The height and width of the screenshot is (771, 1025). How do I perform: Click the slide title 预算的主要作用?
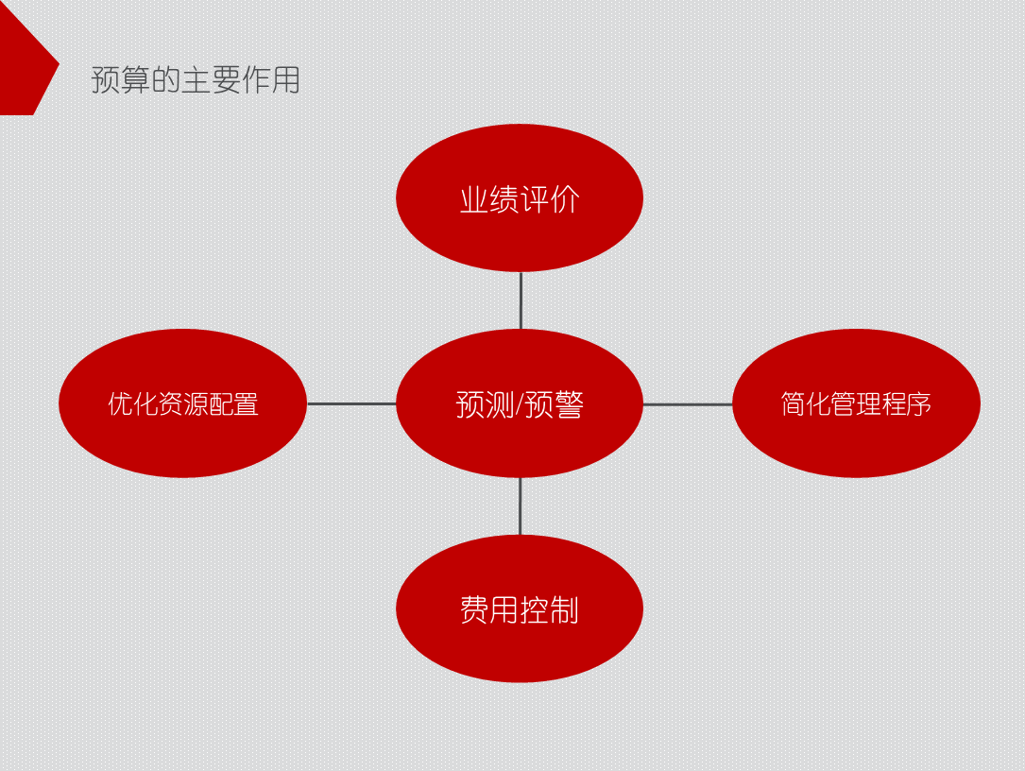point(196,80)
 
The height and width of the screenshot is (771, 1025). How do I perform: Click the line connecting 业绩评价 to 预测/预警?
point(521,300)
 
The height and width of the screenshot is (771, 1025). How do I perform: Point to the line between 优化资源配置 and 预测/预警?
point(351,404)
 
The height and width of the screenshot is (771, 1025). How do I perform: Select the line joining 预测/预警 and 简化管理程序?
point(688,404)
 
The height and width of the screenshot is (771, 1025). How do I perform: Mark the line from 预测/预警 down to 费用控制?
point(520,506)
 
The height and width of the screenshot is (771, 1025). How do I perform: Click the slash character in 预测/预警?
point(519,404)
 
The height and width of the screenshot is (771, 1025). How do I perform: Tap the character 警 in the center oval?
point(569,404)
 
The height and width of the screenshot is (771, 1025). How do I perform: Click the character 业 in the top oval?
point(474,199)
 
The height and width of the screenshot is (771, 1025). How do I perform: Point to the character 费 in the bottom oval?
point(474,610)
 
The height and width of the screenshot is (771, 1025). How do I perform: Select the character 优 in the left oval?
point(119,404)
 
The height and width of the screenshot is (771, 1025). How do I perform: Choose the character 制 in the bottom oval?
point(564,610)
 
